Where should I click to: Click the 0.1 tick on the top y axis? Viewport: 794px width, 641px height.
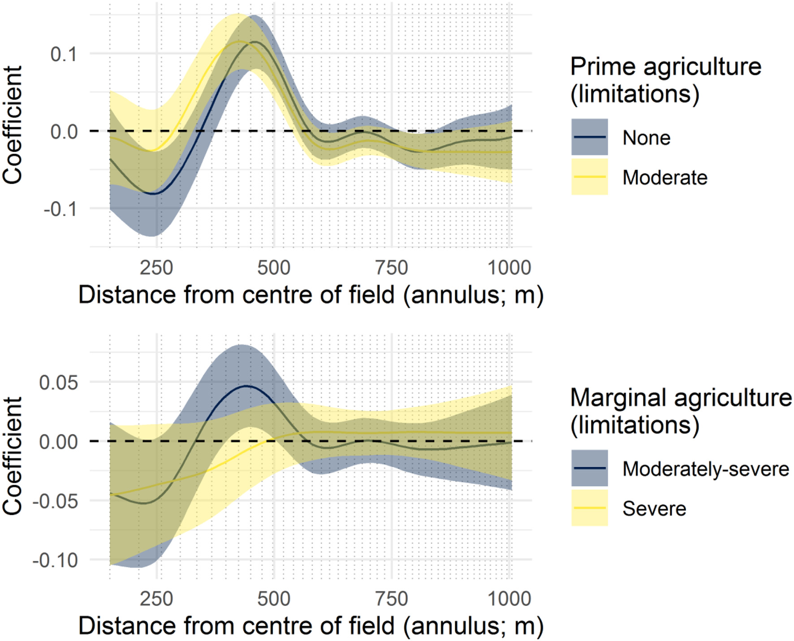tap(64, 54)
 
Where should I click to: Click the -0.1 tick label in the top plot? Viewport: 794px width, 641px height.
tap(60, 209)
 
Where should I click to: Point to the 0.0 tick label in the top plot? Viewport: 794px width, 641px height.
tap(64, 132)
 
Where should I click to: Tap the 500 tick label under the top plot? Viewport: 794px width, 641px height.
tap(274, 268)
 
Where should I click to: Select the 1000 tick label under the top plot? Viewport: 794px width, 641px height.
tap(509, 268)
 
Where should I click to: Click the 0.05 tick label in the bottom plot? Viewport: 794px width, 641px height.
tap(58, 383)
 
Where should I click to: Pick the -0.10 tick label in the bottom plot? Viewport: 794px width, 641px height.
tap(55, 560)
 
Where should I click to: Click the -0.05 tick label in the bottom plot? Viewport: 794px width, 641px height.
tap(55, 501)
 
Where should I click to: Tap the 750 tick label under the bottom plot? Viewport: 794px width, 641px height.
tap(392, 599)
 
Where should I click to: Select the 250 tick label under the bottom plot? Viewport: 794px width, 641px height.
tap(156, 599)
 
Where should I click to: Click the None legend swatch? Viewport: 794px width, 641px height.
tap(589, 137)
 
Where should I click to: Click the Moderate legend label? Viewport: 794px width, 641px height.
tap(665, 178)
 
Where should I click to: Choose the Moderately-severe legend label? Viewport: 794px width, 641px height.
tap(705, 469)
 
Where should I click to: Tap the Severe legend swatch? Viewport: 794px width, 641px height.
tap(589, 508)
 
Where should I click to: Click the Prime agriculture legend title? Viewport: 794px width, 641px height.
tap(665, 80)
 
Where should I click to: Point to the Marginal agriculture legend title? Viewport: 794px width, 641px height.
tap(681, 411)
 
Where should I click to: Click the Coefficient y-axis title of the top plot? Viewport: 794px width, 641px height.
tap(13, 125)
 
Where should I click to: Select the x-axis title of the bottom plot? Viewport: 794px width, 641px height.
tap(311, 626)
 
